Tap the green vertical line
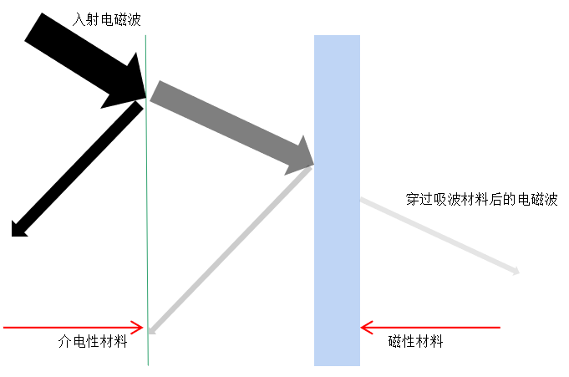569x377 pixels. (x=147, y=251)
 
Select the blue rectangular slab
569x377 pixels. (x=337, y=201)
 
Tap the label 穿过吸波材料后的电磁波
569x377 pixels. (x=482, y=200)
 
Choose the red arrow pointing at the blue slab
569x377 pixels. (x=430, y=327)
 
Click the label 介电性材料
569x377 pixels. (x=93, y=341)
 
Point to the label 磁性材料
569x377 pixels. (x=416, y=341)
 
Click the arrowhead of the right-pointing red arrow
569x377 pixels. (x=139, y=327)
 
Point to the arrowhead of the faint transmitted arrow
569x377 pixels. (x=516, y=271)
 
